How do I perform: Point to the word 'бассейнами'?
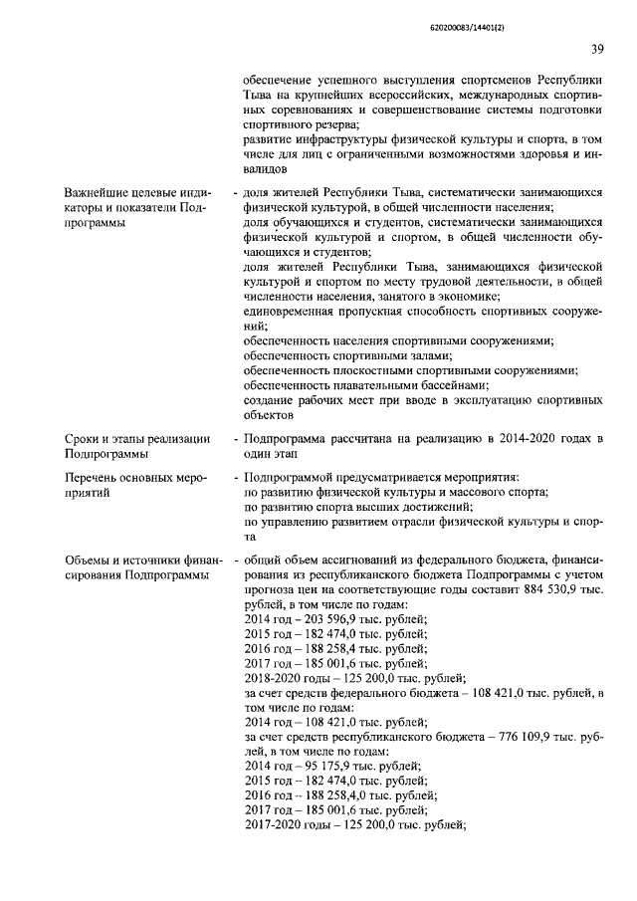click(454, 384)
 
